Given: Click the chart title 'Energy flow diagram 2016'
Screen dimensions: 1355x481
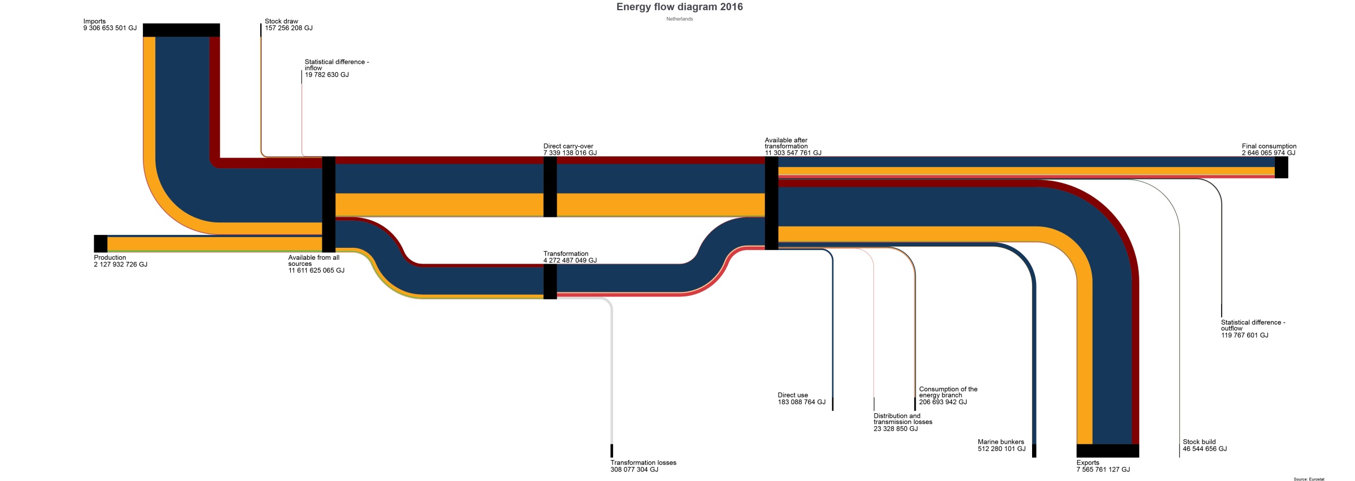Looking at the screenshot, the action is pos(679,7).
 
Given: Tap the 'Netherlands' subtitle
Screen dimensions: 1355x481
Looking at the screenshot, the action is pos(679,19).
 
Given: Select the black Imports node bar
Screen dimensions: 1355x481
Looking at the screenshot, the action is pos(181,30).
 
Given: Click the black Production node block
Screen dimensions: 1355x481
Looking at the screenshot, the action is pos(100,243).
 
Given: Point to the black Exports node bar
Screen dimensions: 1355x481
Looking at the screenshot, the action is pos(1108,451).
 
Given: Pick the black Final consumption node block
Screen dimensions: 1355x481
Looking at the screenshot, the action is pos(1282,168).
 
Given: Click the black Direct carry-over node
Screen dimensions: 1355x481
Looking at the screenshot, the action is pos(550,187).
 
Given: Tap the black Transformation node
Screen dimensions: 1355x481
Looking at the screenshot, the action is pos(550,282).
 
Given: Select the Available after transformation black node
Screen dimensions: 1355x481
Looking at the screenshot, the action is pos(771,203).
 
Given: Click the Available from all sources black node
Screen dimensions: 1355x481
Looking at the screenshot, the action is pos(329,204).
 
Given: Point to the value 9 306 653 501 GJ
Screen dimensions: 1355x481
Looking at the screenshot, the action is pos(110,28).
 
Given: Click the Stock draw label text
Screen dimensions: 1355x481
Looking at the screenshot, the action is pos(281,21).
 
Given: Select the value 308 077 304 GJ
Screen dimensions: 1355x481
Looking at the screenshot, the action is pos(634,470).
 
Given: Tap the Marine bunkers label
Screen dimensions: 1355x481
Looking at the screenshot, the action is pos(1001,442).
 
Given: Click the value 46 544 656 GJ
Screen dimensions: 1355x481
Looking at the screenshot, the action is pos(1205,449).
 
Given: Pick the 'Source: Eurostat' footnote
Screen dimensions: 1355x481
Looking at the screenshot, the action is pos(1309,479).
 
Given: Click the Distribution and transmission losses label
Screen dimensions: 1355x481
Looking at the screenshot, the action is pos(903,419).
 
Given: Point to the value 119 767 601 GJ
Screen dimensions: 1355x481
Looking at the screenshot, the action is pos(1244,335).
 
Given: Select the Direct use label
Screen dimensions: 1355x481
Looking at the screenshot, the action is pos(793,395).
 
